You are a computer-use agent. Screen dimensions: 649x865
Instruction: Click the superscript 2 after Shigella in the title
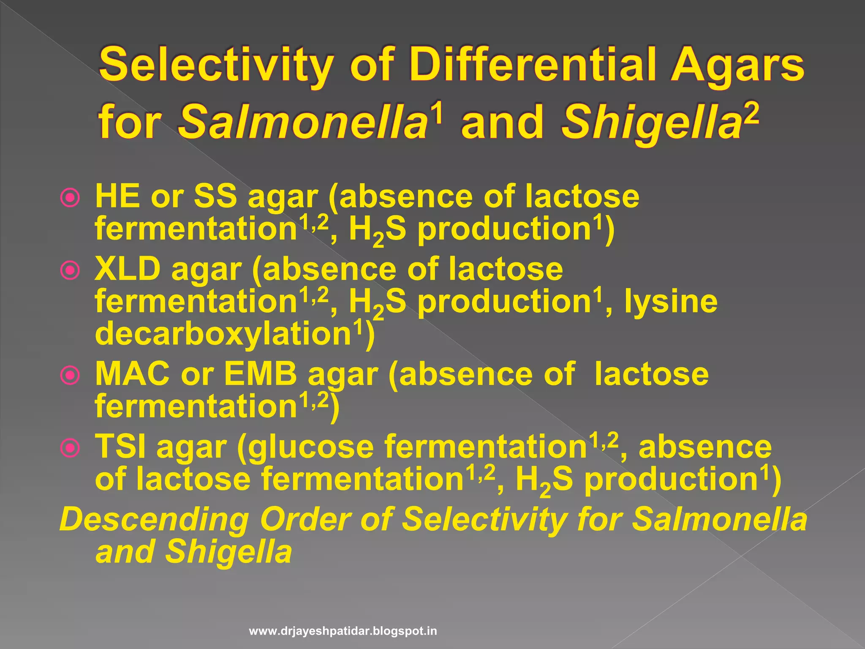click(x=751, y=113)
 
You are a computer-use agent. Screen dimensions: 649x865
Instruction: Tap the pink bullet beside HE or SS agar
click(x=70, y=197)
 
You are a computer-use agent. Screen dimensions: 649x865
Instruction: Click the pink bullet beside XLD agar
click(x=70, y=270)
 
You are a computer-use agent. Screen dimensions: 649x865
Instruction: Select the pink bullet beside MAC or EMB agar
click(x=70, y=375)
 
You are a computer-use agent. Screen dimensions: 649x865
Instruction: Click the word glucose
click(x=311, y=447)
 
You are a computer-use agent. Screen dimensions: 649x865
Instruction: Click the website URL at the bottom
click(x=343, y=631)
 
